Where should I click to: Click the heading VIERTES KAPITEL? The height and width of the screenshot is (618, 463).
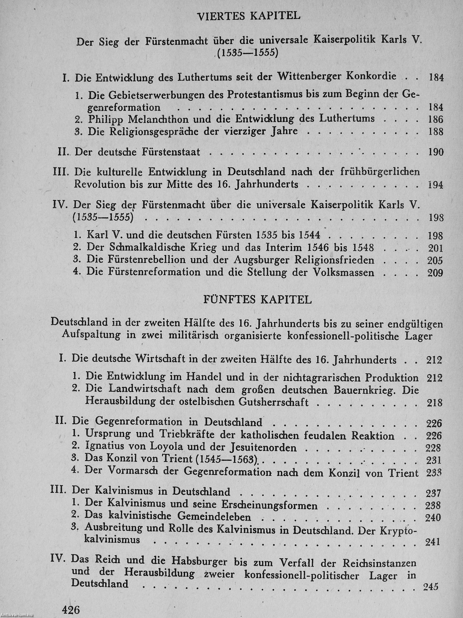(x=249, y=16)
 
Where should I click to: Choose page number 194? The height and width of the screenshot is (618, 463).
(x=435, y=185)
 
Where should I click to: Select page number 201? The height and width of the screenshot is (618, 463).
(x=435, y=248)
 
